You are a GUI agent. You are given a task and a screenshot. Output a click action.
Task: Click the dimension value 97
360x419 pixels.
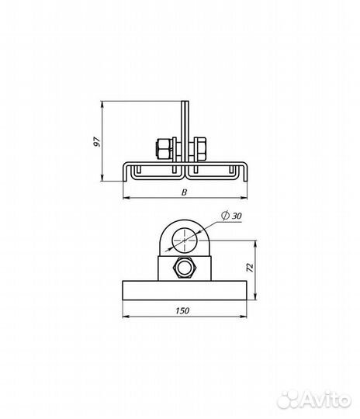click(x=97, y=142)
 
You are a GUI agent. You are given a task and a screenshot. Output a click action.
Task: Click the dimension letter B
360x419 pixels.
click(x=184, y=192)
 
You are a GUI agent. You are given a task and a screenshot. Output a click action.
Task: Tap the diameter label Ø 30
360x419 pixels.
click(x=231, y=216)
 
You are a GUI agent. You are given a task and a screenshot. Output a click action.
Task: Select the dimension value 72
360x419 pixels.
click(x=250, y=268)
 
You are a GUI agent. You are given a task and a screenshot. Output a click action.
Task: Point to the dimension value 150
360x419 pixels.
click(x=182, y=310)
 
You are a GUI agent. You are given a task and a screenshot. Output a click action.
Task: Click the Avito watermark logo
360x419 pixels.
click(x=314, y=400)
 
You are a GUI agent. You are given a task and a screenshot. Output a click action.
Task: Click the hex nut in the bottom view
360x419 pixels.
click(x=184, y=268)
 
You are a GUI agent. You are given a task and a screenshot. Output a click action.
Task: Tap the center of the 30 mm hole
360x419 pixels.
click(x=185, y=241)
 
